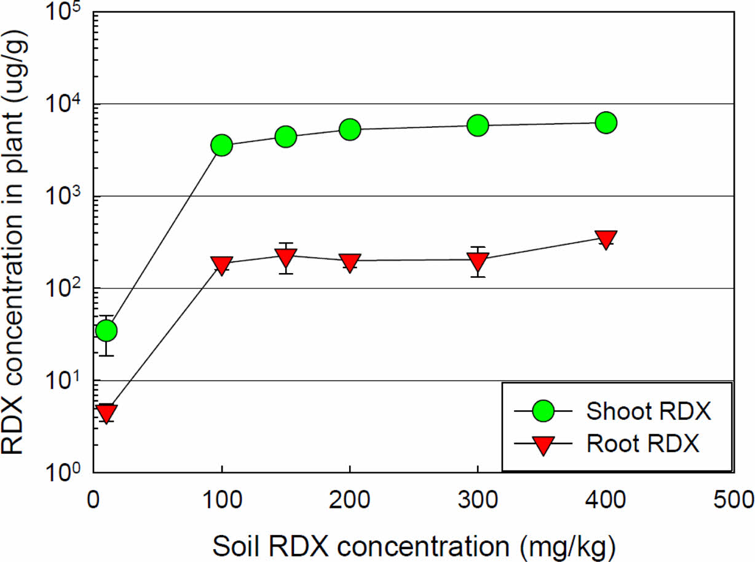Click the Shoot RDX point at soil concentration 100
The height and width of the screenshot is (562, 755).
coord(221,145)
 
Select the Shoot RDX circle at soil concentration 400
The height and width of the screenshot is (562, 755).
coord(606,122)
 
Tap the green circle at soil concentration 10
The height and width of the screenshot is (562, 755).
coord(106,331)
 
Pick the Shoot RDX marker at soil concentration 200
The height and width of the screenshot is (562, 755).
coord(349,129)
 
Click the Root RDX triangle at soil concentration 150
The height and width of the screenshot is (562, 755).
coord(285,256)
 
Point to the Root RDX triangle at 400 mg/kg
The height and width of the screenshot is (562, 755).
coord(606,239)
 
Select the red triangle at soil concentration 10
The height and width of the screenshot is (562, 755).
coord(106,413)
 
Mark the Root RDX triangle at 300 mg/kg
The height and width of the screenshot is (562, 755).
coord(478,261)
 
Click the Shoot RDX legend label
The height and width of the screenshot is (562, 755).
coord(649,411)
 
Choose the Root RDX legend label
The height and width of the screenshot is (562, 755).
coord(643,444)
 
